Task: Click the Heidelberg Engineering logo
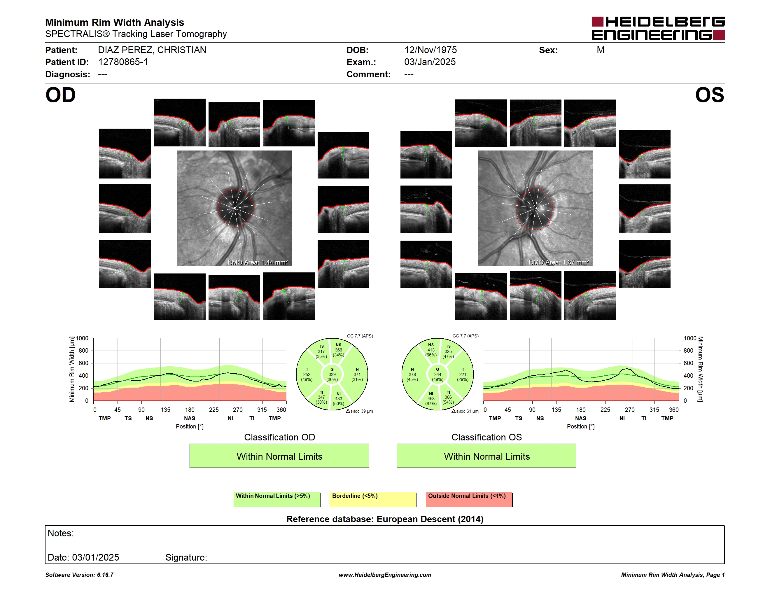click(658, 28)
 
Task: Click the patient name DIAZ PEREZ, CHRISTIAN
click(152, 50)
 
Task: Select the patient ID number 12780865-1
click(123, 62)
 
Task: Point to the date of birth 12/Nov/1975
click(430, 50)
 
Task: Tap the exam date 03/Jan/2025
click(430, 62)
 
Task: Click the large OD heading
click(60, 95)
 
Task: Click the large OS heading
click(709, 95)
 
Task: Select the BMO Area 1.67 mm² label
click(559, 262)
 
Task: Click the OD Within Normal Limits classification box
click(279, 456)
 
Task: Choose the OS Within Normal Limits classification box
click(487, 456)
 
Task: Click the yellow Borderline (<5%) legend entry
click(373, 499)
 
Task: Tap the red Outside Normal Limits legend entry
click(469, 499)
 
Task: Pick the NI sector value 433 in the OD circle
click(338, 399)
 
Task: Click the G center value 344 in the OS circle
click(437, 374)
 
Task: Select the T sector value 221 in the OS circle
click(463, 374)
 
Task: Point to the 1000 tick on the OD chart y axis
click(82, 338)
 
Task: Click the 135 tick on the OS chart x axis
click(556, 409)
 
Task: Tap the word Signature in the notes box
click(186, 557)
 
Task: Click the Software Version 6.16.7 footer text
click(79, 575)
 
